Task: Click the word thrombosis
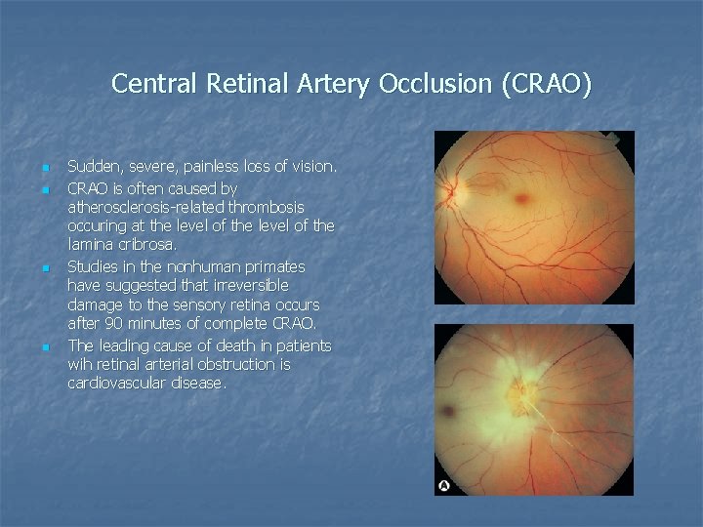point(269,207)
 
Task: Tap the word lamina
point(90,246)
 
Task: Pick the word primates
point(269,266)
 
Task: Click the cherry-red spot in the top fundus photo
point(524,200)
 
